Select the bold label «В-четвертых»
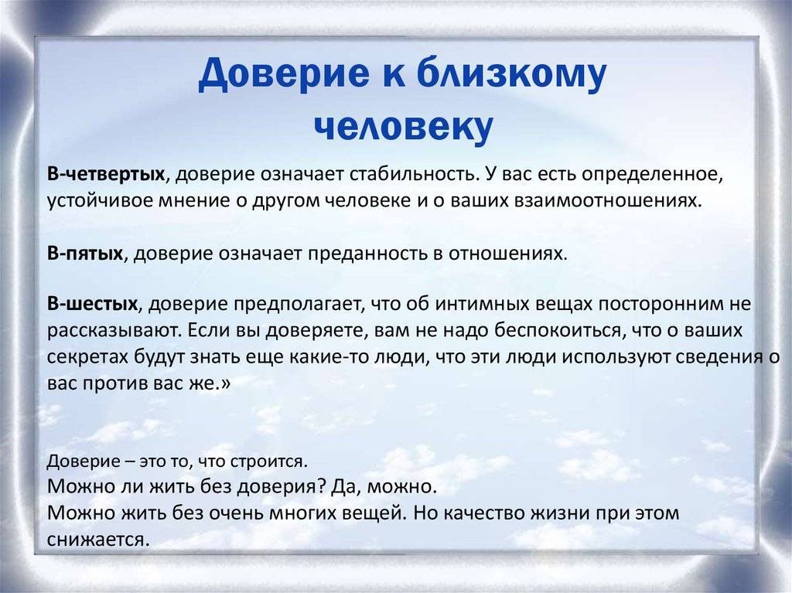tap(106, 174)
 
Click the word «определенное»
tap(652, 176)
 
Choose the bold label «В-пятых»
tap(85, 253)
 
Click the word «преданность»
tap(367, 254)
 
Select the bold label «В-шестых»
tap(93, 304)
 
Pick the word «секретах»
tap(88, 357)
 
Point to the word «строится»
tap(268, 462)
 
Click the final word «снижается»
tap(98, 540)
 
